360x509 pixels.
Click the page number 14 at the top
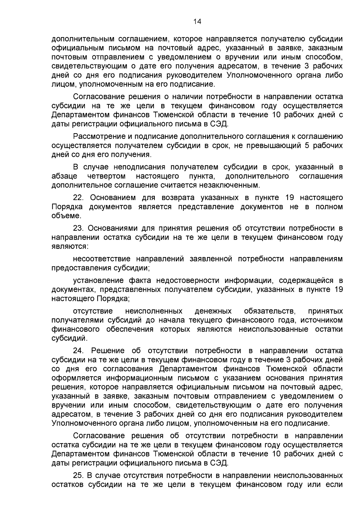197,21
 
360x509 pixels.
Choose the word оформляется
76,378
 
